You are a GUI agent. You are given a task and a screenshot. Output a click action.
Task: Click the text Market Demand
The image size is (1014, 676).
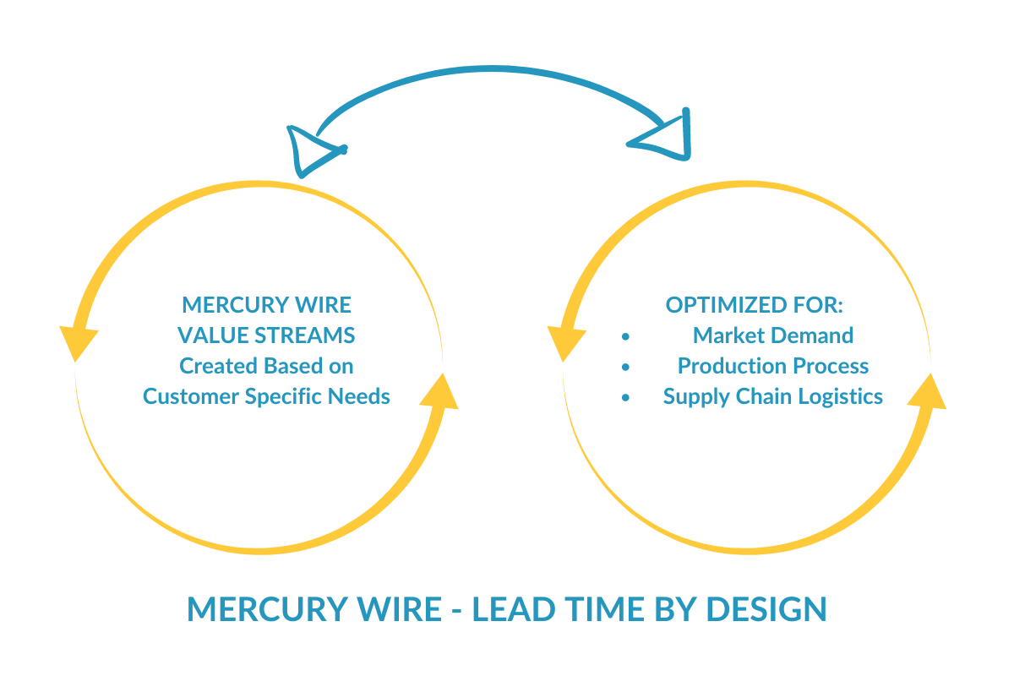tap(772, 335)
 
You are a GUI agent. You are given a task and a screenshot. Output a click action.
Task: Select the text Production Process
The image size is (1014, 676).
tap(772, 366)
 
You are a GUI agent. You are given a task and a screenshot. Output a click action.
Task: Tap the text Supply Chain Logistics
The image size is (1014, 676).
tap(772, 396)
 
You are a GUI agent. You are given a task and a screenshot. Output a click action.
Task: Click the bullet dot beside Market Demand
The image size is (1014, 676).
tap(625, 336)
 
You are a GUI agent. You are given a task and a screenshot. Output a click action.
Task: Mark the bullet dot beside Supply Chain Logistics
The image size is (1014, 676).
tap(625, 397)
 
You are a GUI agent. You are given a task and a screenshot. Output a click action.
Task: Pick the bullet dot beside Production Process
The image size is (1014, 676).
tap(625, 367)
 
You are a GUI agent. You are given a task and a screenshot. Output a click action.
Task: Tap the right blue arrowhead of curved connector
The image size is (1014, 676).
tap(668, 135)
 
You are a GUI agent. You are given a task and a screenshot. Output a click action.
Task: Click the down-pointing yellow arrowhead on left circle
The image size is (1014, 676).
tap(78, 342)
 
